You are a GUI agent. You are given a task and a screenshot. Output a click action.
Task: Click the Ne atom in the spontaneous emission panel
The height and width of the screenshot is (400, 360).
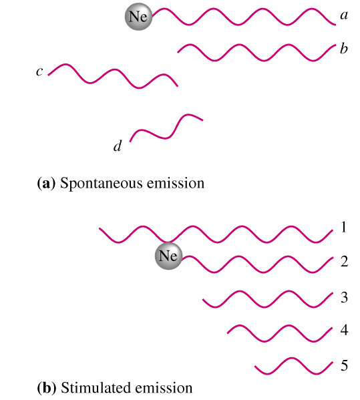(x=138, y=17)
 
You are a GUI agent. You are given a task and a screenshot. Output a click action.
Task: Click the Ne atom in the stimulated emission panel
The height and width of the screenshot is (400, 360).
(x=169, y=256)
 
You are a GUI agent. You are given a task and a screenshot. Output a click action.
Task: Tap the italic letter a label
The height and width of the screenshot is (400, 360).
(x=344, y=15)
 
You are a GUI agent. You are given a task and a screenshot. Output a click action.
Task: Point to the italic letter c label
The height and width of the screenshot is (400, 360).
(x=39, y=71)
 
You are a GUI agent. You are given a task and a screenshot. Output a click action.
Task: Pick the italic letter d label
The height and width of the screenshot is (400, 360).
(x=118, y=146)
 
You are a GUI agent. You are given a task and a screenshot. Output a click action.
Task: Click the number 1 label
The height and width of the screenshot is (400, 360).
(x=344, y=227)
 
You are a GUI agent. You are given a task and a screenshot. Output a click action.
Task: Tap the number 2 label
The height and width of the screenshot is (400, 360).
(x=344, y=262)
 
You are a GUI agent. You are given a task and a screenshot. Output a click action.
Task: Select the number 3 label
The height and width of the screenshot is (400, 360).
(x=344, y=297)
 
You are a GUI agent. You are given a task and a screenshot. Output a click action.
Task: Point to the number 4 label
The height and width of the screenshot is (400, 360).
(x=344, y=330)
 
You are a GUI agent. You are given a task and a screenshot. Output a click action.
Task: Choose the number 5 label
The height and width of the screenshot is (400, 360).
(x=344, y=365)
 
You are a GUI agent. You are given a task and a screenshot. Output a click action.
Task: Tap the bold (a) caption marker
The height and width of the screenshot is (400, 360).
(x=46, y=184)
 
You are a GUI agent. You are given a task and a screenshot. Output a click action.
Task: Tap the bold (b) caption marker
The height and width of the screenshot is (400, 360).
(x=47, y=388)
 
